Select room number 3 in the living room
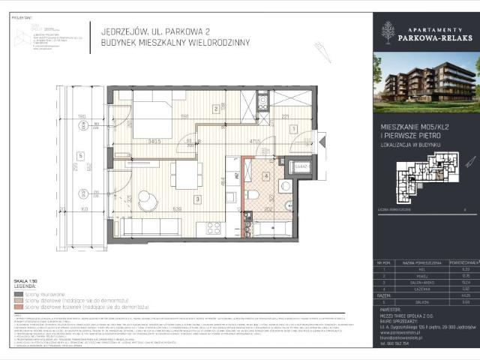(196, 199)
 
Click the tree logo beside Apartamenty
(388, 32)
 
